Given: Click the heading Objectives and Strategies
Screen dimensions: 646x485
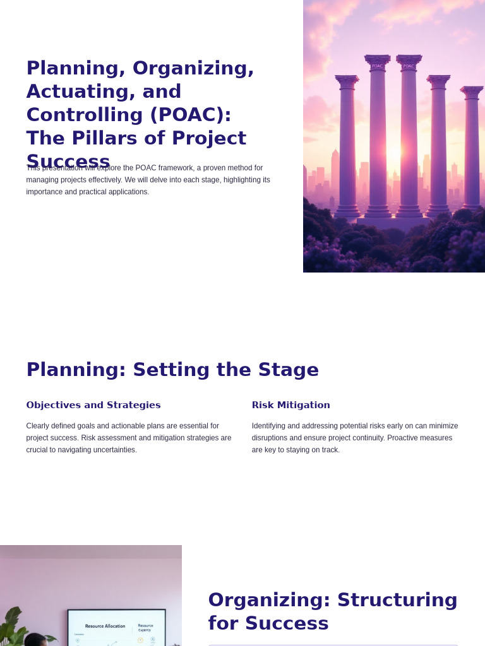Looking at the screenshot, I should pyautogui.click(x=93, y=405).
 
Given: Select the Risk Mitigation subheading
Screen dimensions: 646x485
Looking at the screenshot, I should pyautogui.click(x=290, y=405).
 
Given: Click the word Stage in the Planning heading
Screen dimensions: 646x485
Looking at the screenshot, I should pyautogui.click(x=287, y=370).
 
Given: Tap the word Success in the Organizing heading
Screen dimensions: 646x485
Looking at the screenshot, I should pyautogui.click(x=287, y=623).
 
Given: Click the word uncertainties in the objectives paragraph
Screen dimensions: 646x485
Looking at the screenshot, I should pyautogui.click(x=115, y=450).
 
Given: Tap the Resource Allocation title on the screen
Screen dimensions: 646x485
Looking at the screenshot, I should pyautogui.click(x=105, y=626).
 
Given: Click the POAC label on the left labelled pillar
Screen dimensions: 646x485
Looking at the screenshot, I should pyautogui.click(x=377, y=66).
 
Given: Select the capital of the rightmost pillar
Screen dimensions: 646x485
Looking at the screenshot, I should pyautogui.click(x=472, y=91).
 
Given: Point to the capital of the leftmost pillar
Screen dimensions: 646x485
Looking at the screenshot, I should pyautogui.click(x=347, y=80).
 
